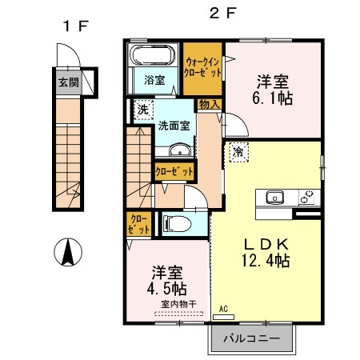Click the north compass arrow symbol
(68, 254)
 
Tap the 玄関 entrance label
(67, 82)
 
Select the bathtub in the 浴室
(150, 57)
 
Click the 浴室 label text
(155, 80)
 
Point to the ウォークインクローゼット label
(204, 65)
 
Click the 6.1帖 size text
(273, 98)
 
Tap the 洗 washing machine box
(141, 110)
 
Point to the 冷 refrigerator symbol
(237, 150)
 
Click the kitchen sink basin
(274, 196)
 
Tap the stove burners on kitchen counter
(306, 196)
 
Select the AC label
(223, 307)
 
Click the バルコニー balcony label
(256, 338)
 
